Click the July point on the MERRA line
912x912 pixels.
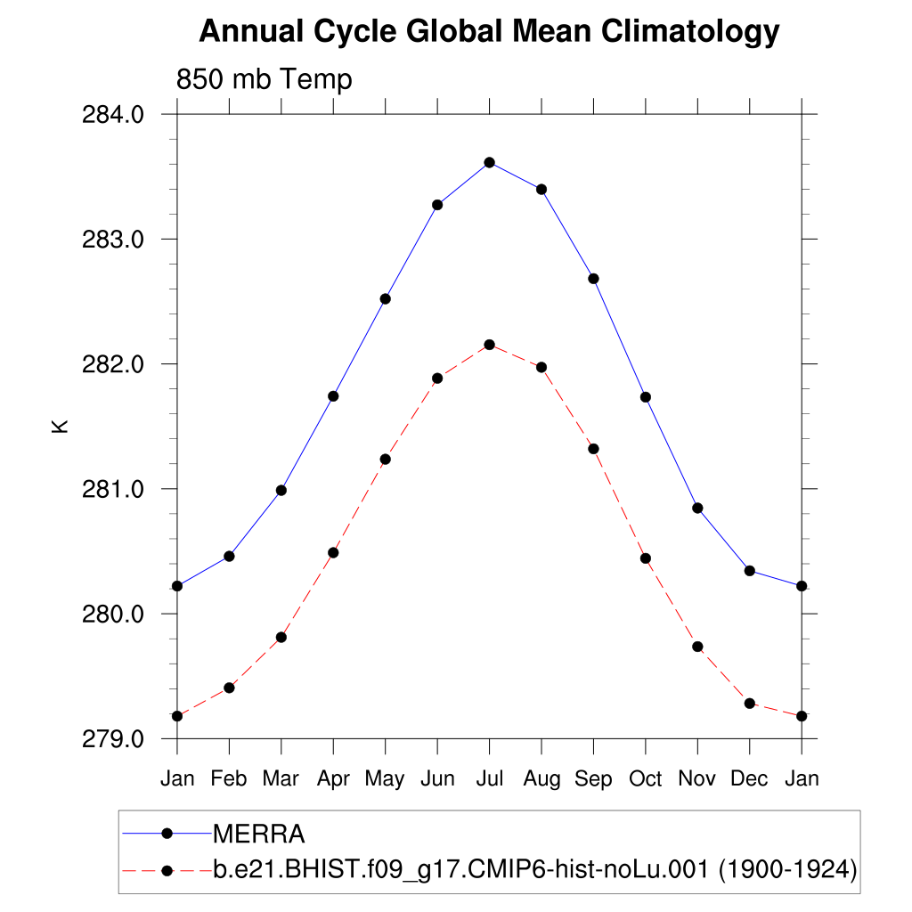(489, 162)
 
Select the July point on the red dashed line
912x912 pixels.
(489, 345)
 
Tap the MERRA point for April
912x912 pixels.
(333, 395)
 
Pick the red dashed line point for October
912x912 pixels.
(646, 558)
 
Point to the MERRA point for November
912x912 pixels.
(697, 508)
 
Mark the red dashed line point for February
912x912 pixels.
(229, 688)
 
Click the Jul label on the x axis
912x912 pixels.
(489, 778)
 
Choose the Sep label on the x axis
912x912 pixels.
(593, 778)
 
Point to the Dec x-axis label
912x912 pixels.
(749, 778)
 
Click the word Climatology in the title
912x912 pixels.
(690, 32)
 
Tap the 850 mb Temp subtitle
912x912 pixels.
(264, 79)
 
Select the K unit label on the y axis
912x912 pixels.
(60, 427)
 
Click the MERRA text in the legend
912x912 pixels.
(259, 835)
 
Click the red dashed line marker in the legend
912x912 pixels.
(166, 869)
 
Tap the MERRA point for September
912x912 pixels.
(593, 279)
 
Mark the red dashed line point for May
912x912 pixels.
(385, 460)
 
